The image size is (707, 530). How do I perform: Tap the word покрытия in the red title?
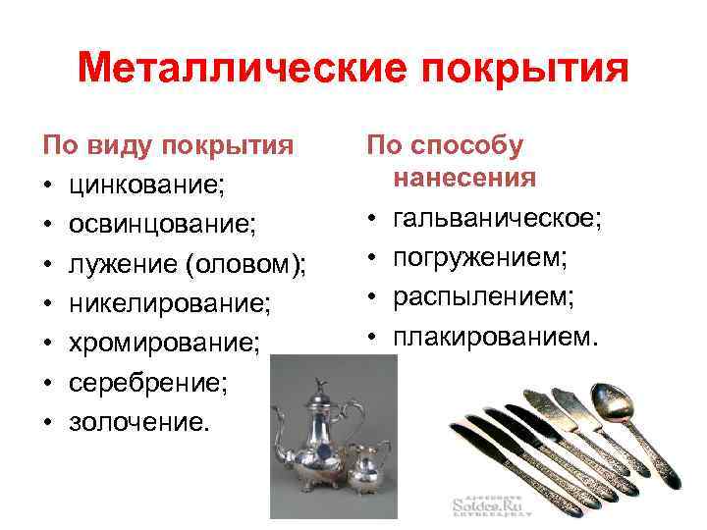point(518,70)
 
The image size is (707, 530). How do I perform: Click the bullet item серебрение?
point(147,384)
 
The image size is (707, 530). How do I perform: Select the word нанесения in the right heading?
point(464,178)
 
